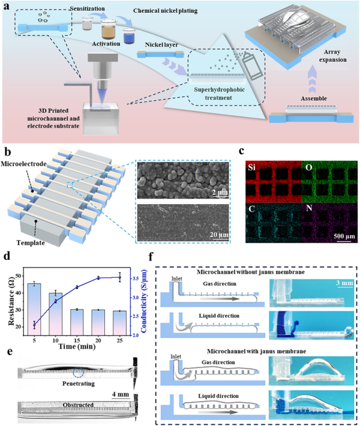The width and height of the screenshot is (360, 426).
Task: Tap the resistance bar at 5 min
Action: [34, 309]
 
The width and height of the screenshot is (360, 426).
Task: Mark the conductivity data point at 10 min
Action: [56, 301]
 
